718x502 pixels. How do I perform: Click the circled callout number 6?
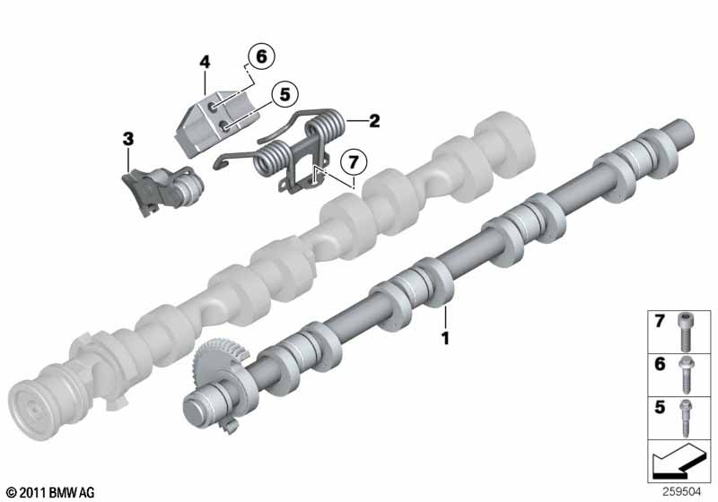click(x=261, y=56)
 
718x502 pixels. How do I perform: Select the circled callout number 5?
click(x=285, y=95)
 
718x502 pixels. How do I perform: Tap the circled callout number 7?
click(x=353, y=162)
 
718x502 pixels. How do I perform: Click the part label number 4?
click(x=205, y=62)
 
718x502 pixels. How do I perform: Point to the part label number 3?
click(x=128, y=139)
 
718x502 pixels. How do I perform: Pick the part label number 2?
click(x=374, y=121)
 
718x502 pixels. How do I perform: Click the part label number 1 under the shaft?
click(x=444, y=338)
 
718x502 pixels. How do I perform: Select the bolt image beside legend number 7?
click(x=685, y=332)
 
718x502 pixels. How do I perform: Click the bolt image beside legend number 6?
click(x=687, y=375)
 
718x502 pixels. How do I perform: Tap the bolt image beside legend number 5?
click(x=686, y=418)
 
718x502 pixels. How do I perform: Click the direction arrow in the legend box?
click(x=677, y=462)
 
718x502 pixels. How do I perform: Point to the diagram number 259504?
click(x=681, y=492)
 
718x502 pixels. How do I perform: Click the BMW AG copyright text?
click(x=51, y=492)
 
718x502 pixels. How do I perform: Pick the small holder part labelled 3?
click(x=162, y=190)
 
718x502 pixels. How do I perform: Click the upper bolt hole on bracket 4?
click(x=214, y=107)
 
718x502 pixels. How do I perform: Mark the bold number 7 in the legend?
click(x=660, y=321)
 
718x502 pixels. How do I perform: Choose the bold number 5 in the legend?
click(x=660, y=407)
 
